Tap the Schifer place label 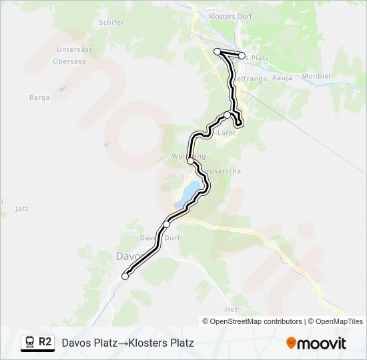pyautogui.click(x=111, y=22)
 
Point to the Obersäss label pyautogui.click(x=69, y=61)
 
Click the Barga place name pyautogui.click(x=39, y=97)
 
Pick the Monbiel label pyautogui.click(x=316, y=76)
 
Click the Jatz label pyautogui.click(x=21, y=209)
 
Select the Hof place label pyautogui.click(x=232, y=309)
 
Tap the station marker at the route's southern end pyautogui.click(x=125, y=276)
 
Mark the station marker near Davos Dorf pyautogui.click(x=166, y=224)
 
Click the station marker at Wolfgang pyautogui.click(x=191, y=161)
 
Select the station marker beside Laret pyautogui.click(x=228, y=115)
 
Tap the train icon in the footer pyautogui.click(x=29, y=342)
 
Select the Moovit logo pyautogui.click(x=316, y=343)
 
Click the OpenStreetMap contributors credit pyautogui.click(x=256, y=321)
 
